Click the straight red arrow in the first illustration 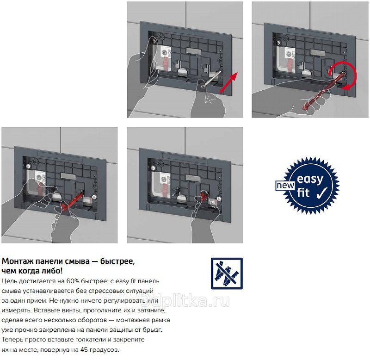click(x=228, y=83)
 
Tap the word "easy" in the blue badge click(x=310, y=180)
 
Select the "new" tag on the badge click(x=285, y=186)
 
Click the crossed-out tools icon click(x=227, y=273)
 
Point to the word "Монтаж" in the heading click(x=18, y=261)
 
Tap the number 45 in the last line click(x=84, y=349)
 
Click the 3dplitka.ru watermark click(x=185, y=300)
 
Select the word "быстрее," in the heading click(x=117, y=261)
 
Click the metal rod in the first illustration click(x=212, y=78)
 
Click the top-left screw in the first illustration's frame click(x=154, y=41)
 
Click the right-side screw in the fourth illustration click(x=219, y=199)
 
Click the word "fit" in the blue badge click(x=303, y=192)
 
